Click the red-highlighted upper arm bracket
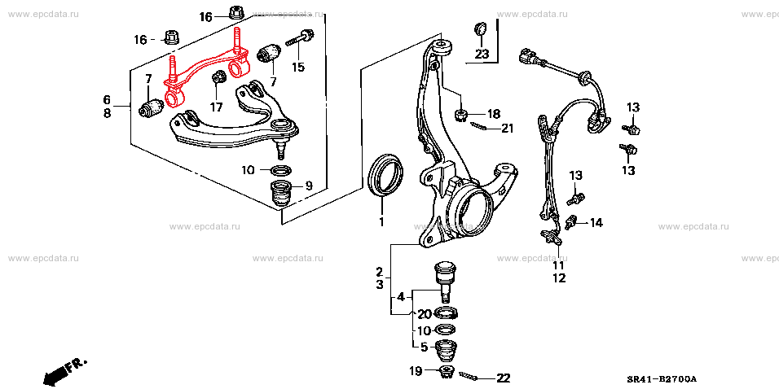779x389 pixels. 203,70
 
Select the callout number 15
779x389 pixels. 298,67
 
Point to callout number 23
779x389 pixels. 482,54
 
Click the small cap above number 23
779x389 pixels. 481,28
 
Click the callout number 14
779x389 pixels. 596,223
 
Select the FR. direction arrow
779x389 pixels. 64,371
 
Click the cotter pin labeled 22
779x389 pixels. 470,377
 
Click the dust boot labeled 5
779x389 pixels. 447,350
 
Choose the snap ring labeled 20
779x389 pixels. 446,313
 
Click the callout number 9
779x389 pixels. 309,186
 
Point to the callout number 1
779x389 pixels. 381,222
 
